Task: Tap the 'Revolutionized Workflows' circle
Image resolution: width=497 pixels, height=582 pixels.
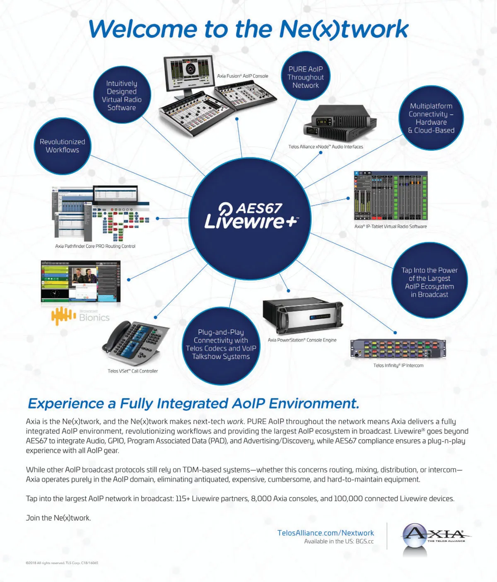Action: click(x=63, y=146)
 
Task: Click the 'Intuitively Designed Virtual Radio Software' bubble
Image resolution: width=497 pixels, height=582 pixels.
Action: click(x=121, y=95)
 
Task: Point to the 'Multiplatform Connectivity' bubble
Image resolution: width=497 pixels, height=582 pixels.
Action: click(x=431, y=118)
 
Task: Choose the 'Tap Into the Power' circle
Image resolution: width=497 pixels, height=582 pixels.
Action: click(x=429, y=282)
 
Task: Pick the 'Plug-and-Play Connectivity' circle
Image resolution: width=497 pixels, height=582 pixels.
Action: click(x=221, y=345)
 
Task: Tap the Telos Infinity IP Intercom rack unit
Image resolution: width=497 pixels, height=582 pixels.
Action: click(x=398, y=348)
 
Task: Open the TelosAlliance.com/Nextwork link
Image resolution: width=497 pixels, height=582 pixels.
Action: click(x=326, y=533)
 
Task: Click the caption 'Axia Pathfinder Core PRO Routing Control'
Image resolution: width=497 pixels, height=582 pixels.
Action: click(x=95, y=246)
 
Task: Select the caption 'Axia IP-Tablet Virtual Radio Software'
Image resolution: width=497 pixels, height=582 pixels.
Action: click(x=390, y=227)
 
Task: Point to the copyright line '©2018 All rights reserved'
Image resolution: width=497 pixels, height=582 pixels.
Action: click(x=62, y=563)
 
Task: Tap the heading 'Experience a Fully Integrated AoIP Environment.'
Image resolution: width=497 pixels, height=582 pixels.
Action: click(x=193, y=403)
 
